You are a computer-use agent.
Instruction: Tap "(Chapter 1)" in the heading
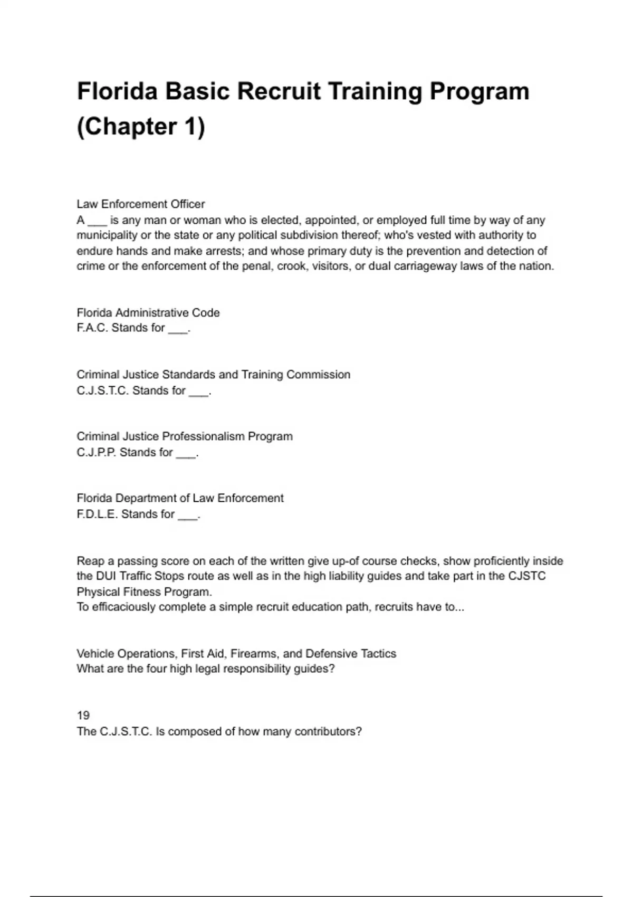point(141,126)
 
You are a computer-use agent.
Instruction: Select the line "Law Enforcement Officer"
point(141,204)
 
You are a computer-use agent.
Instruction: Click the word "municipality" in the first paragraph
point(107,235)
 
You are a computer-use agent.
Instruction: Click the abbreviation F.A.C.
point(92,328)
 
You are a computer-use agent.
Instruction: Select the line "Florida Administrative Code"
point(148,312)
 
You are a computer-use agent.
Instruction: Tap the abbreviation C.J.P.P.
point(97,452)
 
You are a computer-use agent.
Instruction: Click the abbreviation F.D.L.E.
point(97,514)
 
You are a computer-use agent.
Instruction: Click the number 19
point(83,715)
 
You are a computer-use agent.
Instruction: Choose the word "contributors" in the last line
point(328,731)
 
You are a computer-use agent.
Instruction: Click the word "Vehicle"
point(95,654)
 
